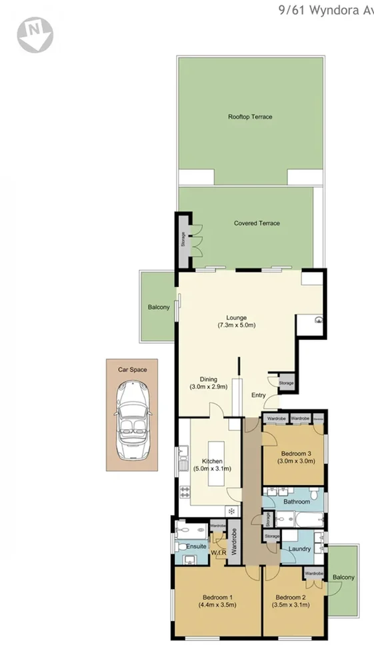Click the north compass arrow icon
pyautogui.click(x=35, y=34)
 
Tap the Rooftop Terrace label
pyautogui.click(x=250, y=117)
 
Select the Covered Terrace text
pyautogui.click(x=257, y=223)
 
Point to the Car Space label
pyautogui.click(x=133, y=369)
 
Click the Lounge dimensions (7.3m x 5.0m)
pyautogui.click(x=237, y=325)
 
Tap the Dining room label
pyautogui.click(x=209, y=379)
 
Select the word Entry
pyautogui.click(x=259, y=395)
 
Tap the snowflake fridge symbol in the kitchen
pyautogui.click(x=231, y=511)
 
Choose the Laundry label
pyautogui.click(x=300, y=549)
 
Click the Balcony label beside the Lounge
pyautogui.click(x=159, y=307)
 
